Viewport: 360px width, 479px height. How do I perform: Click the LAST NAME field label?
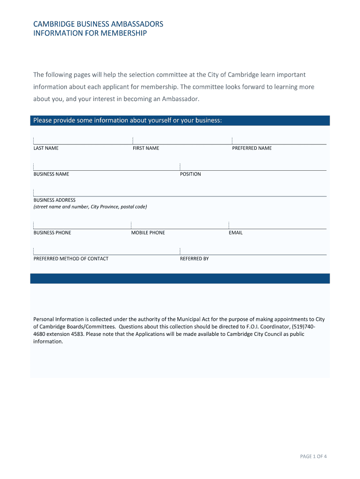pyautogui.click(x=46, y=148)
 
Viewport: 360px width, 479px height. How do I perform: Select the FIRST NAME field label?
pyautogui.click(x=146, y=148)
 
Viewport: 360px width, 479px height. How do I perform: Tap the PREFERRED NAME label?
pyautogui.click(x=252, y=148)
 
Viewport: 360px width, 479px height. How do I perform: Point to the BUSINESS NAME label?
pyautogui.click(x=51, y=174)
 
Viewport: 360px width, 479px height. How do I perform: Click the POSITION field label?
pyautogui.click(x=190, y=174)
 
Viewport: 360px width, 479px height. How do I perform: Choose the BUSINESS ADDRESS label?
pyautogui.click(x=54, y=200)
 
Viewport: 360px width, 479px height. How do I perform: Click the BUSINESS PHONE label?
pyautogui.click(x=52, y=233)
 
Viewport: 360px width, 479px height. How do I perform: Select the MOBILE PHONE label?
pyautogui.click(x=148, y=233)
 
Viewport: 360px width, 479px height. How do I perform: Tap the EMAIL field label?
pyautogui.click(x=236, y=233)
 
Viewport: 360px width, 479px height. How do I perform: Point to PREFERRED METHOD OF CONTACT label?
pyautogui.click(x=71, y=259)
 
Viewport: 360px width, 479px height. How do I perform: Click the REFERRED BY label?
pyautogui.click(x=194, y=259)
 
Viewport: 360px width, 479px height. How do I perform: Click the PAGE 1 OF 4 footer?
pyautogui.click(x=313, y=457)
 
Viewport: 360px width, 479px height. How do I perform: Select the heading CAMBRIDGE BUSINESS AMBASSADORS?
pyautogui.click(x=98, y=24)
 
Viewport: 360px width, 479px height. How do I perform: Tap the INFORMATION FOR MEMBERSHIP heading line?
pyautogui.click(x=90, y=33)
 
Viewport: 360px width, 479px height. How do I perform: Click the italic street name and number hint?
pyautogui.click(x=90, y=207)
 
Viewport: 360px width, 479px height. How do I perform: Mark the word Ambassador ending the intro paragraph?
pyautogui.click(x=180, y=99)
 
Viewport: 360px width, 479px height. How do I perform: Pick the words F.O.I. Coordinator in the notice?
pyautogui.click(x=262, y=327)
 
